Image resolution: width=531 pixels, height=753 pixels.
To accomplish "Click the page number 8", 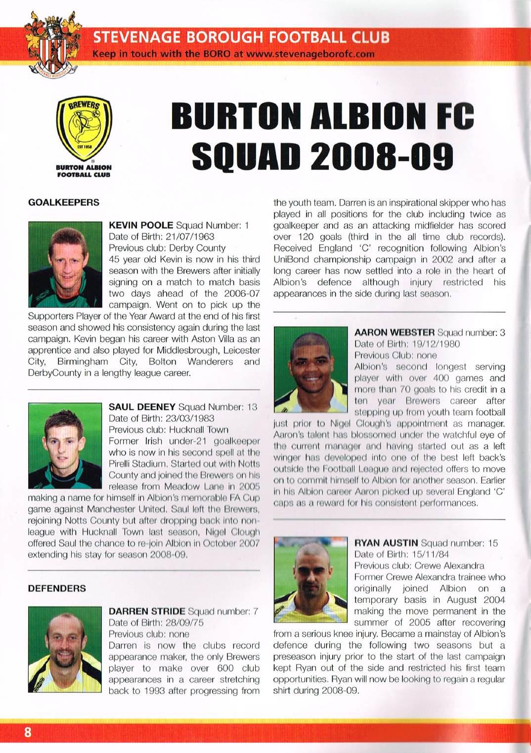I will click(x=28, y=732).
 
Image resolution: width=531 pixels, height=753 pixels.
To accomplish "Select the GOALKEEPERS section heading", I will click(x=64, y=202).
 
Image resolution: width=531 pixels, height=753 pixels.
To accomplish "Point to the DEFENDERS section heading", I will click(x=57, y=588).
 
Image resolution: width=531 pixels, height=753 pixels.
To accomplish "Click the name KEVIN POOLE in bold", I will click(x=141, y=225).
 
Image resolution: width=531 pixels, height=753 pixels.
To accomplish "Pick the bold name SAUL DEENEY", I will click(x=142, y=407).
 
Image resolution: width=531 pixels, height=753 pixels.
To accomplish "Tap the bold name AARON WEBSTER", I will click(x=395, y=332).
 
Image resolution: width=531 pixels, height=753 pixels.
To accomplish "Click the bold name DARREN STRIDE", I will click(x=147, y=612).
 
